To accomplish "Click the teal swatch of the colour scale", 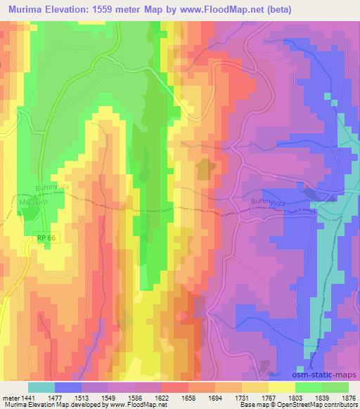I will [41, 387].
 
